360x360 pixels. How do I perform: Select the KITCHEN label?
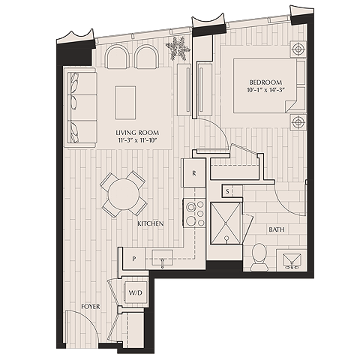[x=150, y=224]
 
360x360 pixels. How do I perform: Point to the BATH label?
[x=276, y=229]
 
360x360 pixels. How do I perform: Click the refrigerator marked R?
[x=194, y=173]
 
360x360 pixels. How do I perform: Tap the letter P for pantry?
[x=133, y=258]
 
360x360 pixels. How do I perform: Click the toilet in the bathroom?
[x=259, y=255]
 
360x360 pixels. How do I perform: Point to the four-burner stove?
[x=195, y=212]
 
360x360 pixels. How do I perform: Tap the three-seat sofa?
[x=79, y=106]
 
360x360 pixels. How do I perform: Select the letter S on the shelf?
[x=228, y=191]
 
